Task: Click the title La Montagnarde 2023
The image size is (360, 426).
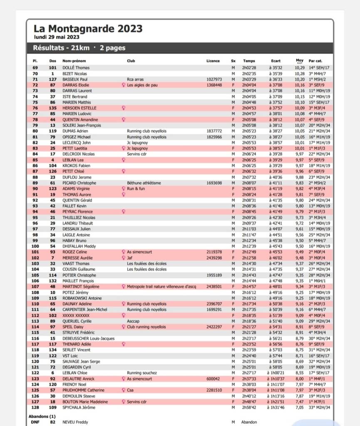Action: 88,29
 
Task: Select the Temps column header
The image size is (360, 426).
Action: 249,61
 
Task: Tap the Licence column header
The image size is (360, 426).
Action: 213,61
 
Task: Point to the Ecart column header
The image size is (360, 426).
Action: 276,61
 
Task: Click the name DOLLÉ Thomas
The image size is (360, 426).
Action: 76,68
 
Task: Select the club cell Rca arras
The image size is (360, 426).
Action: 136,79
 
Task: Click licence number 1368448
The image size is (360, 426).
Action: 214,85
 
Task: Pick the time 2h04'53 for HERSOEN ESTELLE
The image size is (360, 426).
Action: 249,108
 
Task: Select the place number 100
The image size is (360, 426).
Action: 35,246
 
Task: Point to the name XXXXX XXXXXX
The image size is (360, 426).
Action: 76,315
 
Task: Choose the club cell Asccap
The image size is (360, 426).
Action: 133,321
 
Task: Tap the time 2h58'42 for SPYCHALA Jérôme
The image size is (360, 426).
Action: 249,408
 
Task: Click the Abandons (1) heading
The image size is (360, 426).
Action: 42,416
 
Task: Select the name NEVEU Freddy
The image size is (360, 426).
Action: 74,422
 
